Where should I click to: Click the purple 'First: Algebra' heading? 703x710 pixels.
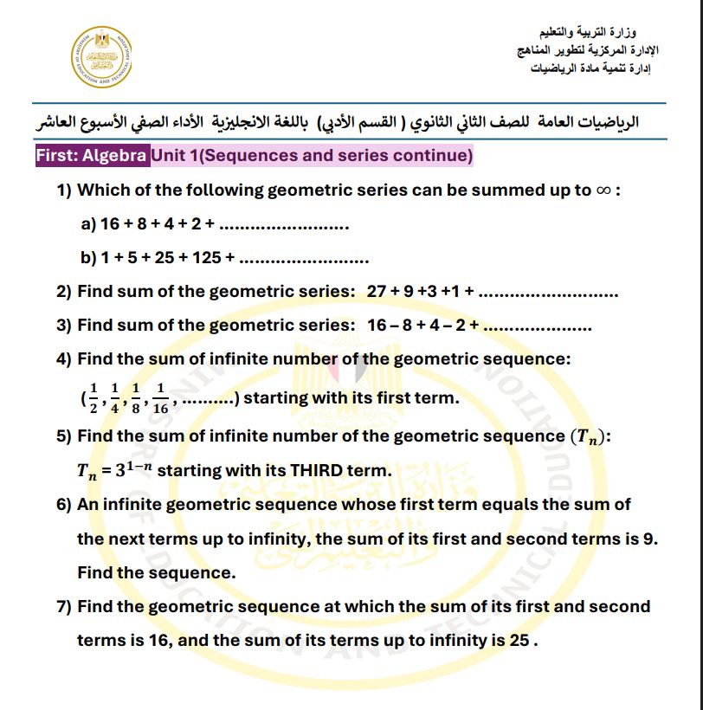click(x=92, y=156)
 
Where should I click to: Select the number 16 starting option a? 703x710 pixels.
click(x=110, y=224)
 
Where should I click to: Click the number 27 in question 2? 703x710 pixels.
click(x=377, y=292)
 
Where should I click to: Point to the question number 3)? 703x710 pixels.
click(x=64, y=326)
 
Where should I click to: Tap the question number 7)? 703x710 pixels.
click(x=64, y=607)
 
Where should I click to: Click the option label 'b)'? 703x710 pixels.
click(x=87, y=258)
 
